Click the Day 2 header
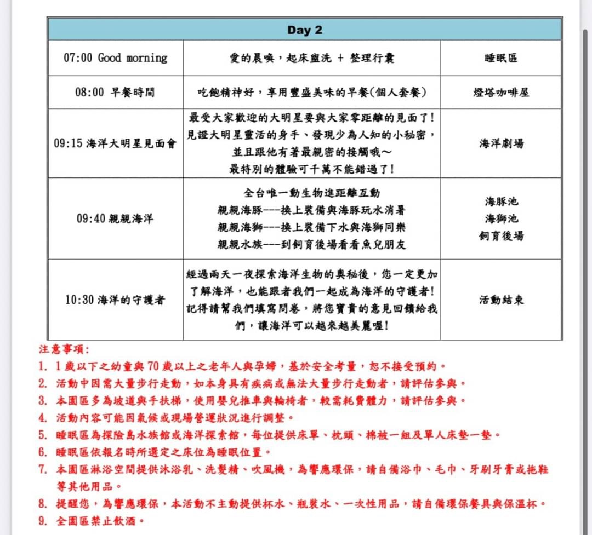[x=305, y=30]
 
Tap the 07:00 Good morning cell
[x=115, y=58]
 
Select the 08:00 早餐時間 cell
[x=115, y=92]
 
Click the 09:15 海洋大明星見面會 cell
[x=115, y=143]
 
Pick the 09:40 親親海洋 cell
[x=115, y=218]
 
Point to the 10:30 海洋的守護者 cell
[x=115, y=300]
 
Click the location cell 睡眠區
[x=501, y=58]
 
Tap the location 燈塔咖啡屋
[x=501, y=92]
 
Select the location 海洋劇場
[x=501, y=143]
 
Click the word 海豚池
[x=501, y=202]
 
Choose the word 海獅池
[x=501, y=218]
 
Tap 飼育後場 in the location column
[x=501, y=235]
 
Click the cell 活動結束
[x=501, y=300]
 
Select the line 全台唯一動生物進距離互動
[x=311, y=193]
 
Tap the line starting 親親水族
[x=311, y=244]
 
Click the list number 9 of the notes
[x=43, y=520]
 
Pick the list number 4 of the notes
[x=43, y=418]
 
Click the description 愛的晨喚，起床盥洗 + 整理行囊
[x=311, y=58]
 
